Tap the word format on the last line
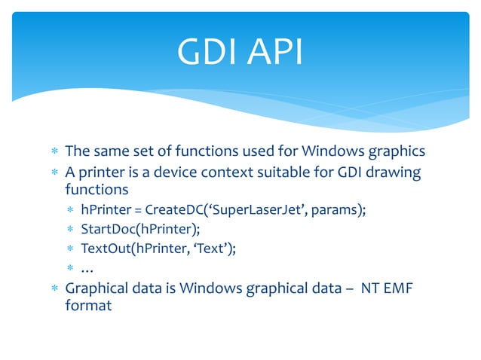(x=88, y=307)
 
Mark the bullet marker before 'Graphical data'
(x=54, y=289)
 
